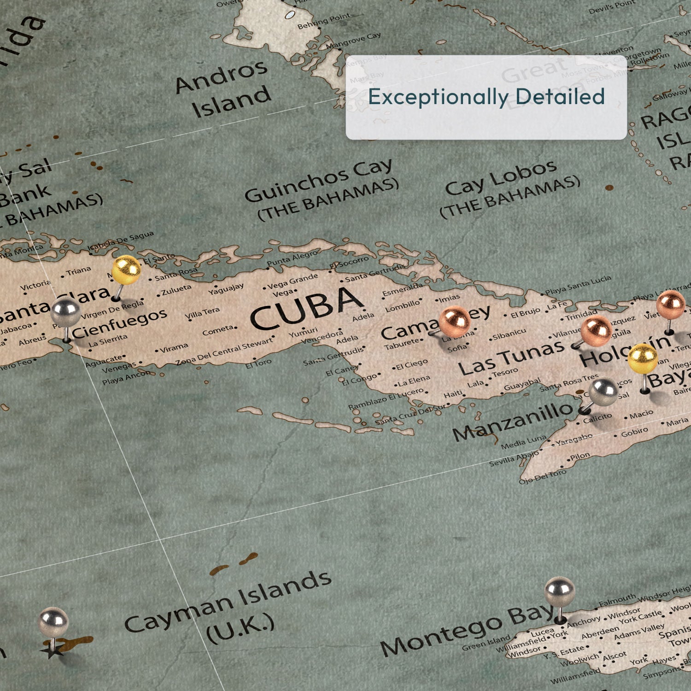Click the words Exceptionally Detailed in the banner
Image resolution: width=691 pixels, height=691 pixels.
[486, 97]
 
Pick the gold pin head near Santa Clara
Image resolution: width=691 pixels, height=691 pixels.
[126, 270]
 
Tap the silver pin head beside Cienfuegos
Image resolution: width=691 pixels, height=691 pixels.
[66, 312]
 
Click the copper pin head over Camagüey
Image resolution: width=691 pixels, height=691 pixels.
[454, 321]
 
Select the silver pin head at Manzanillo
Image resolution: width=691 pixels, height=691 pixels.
[603, 392]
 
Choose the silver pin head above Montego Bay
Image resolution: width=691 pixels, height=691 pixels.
[559, 591]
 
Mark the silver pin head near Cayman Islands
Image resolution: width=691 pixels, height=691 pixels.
[53, 622]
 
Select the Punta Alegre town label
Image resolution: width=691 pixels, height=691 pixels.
[292, 258]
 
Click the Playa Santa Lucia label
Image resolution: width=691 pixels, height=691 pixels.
[578, 285]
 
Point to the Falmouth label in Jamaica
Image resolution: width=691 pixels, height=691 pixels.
[617, 600]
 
